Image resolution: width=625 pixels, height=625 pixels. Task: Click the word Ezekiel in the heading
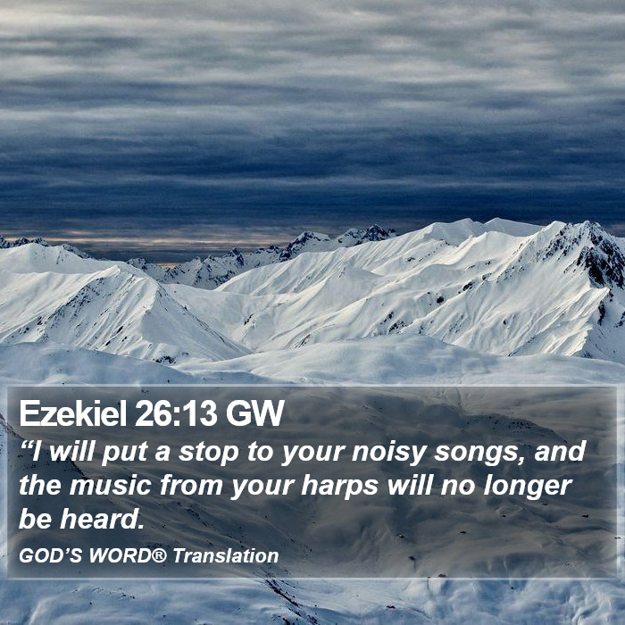(73, 412)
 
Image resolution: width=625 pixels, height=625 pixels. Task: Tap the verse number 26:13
(176, 412)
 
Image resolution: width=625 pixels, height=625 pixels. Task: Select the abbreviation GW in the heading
(255, 412)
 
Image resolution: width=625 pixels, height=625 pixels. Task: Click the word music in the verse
(111, 486)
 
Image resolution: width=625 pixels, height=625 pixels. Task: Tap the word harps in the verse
(339, 487)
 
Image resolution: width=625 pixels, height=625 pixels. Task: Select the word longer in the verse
(528, 487)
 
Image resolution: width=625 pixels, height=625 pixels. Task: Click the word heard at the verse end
(102, 519)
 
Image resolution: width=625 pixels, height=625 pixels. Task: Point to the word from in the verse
(191, 485)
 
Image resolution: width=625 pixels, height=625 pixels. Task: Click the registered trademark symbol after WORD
(160, 554)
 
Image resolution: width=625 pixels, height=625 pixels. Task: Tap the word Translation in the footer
(226, 555)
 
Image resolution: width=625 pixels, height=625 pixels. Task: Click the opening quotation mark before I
(26, 446)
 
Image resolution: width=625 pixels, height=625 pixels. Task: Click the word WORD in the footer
(120, 555)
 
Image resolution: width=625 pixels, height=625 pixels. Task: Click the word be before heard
(36, 519)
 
